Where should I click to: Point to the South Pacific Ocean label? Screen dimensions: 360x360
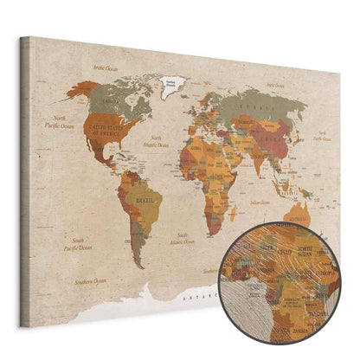coord(62,246)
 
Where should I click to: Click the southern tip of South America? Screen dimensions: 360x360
coord(138,264)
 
